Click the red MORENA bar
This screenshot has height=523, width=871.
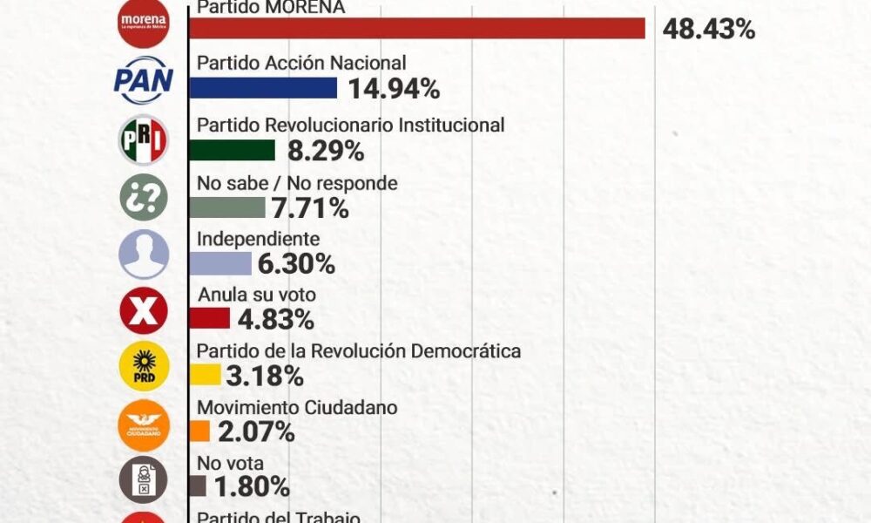[x=416, y=29]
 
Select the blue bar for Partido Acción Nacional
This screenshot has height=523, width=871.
[x=262, y=87]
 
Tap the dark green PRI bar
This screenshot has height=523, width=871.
[x=232, y=150]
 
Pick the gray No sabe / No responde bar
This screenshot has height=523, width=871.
[x=226, y=207]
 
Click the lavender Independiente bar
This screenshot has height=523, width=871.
[x=219, y=264]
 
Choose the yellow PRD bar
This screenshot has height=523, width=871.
[x=204, y=376]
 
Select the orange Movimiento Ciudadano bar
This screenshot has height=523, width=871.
[x=199, y=431]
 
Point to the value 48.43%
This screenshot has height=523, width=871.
[x=708, y=31]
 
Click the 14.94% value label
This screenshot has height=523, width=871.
[x=394, y=89]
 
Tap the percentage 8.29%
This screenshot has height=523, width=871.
[x=326, y=152]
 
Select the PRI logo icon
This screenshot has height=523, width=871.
[x=143, y=139]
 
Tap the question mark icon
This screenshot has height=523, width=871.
[x=143, y=197]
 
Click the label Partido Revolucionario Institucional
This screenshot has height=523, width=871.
[x=351, y=125]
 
